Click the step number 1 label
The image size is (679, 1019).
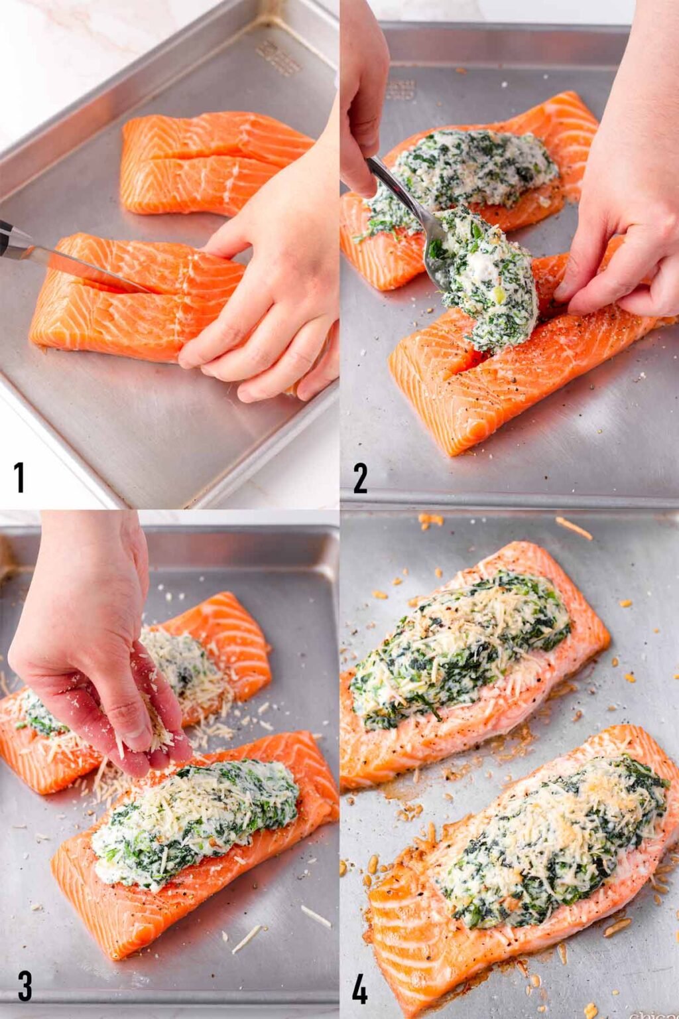[19, 477]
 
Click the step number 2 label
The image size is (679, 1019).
[360, 478]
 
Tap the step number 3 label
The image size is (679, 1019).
[24, 986]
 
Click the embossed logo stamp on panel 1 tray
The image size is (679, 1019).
[278, 58]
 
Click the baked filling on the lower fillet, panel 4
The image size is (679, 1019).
[550, 829]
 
